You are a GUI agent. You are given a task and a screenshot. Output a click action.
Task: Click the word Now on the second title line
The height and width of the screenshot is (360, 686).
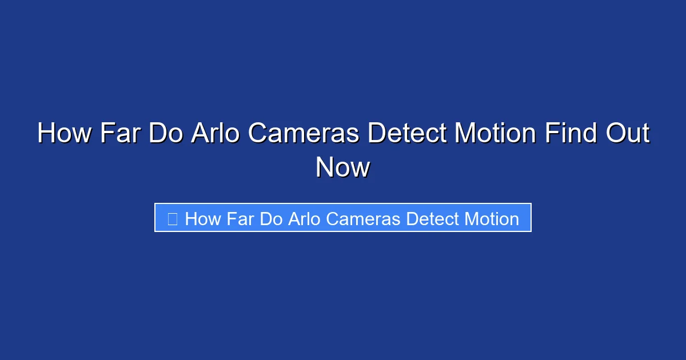point(343,167)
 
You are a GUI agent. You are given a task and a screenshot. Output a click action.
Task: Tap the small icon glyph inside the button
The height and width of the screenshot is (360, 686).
point(173,218)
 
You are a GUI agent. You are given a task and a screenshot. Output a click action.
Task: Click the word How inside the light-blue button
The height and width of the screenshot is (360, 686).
point(203,218)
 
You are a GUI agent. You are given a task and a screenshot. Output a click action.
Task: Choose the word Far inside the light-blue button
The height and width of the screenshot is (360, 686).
point(240,218)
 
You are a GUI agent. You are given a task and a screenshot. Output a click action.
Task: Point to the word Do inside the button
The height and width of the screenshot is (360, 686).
point(270,218)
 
